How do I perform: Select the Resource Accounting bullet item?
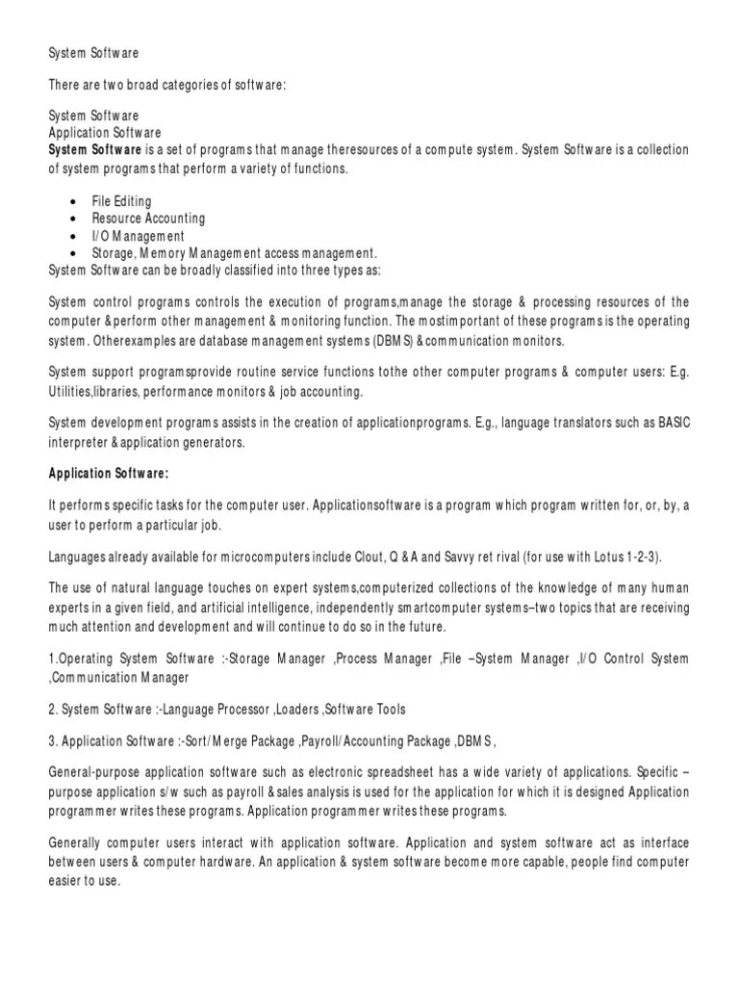pyautogui.click(x=148, y=220)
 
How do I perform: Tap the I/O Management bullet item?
pyautogui.click(x=138, y=236)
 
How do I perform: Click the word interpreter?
pyautogui.click(x=78, y=442)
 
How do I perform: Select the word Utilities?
pyautogui.click(x=73, y=392)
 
